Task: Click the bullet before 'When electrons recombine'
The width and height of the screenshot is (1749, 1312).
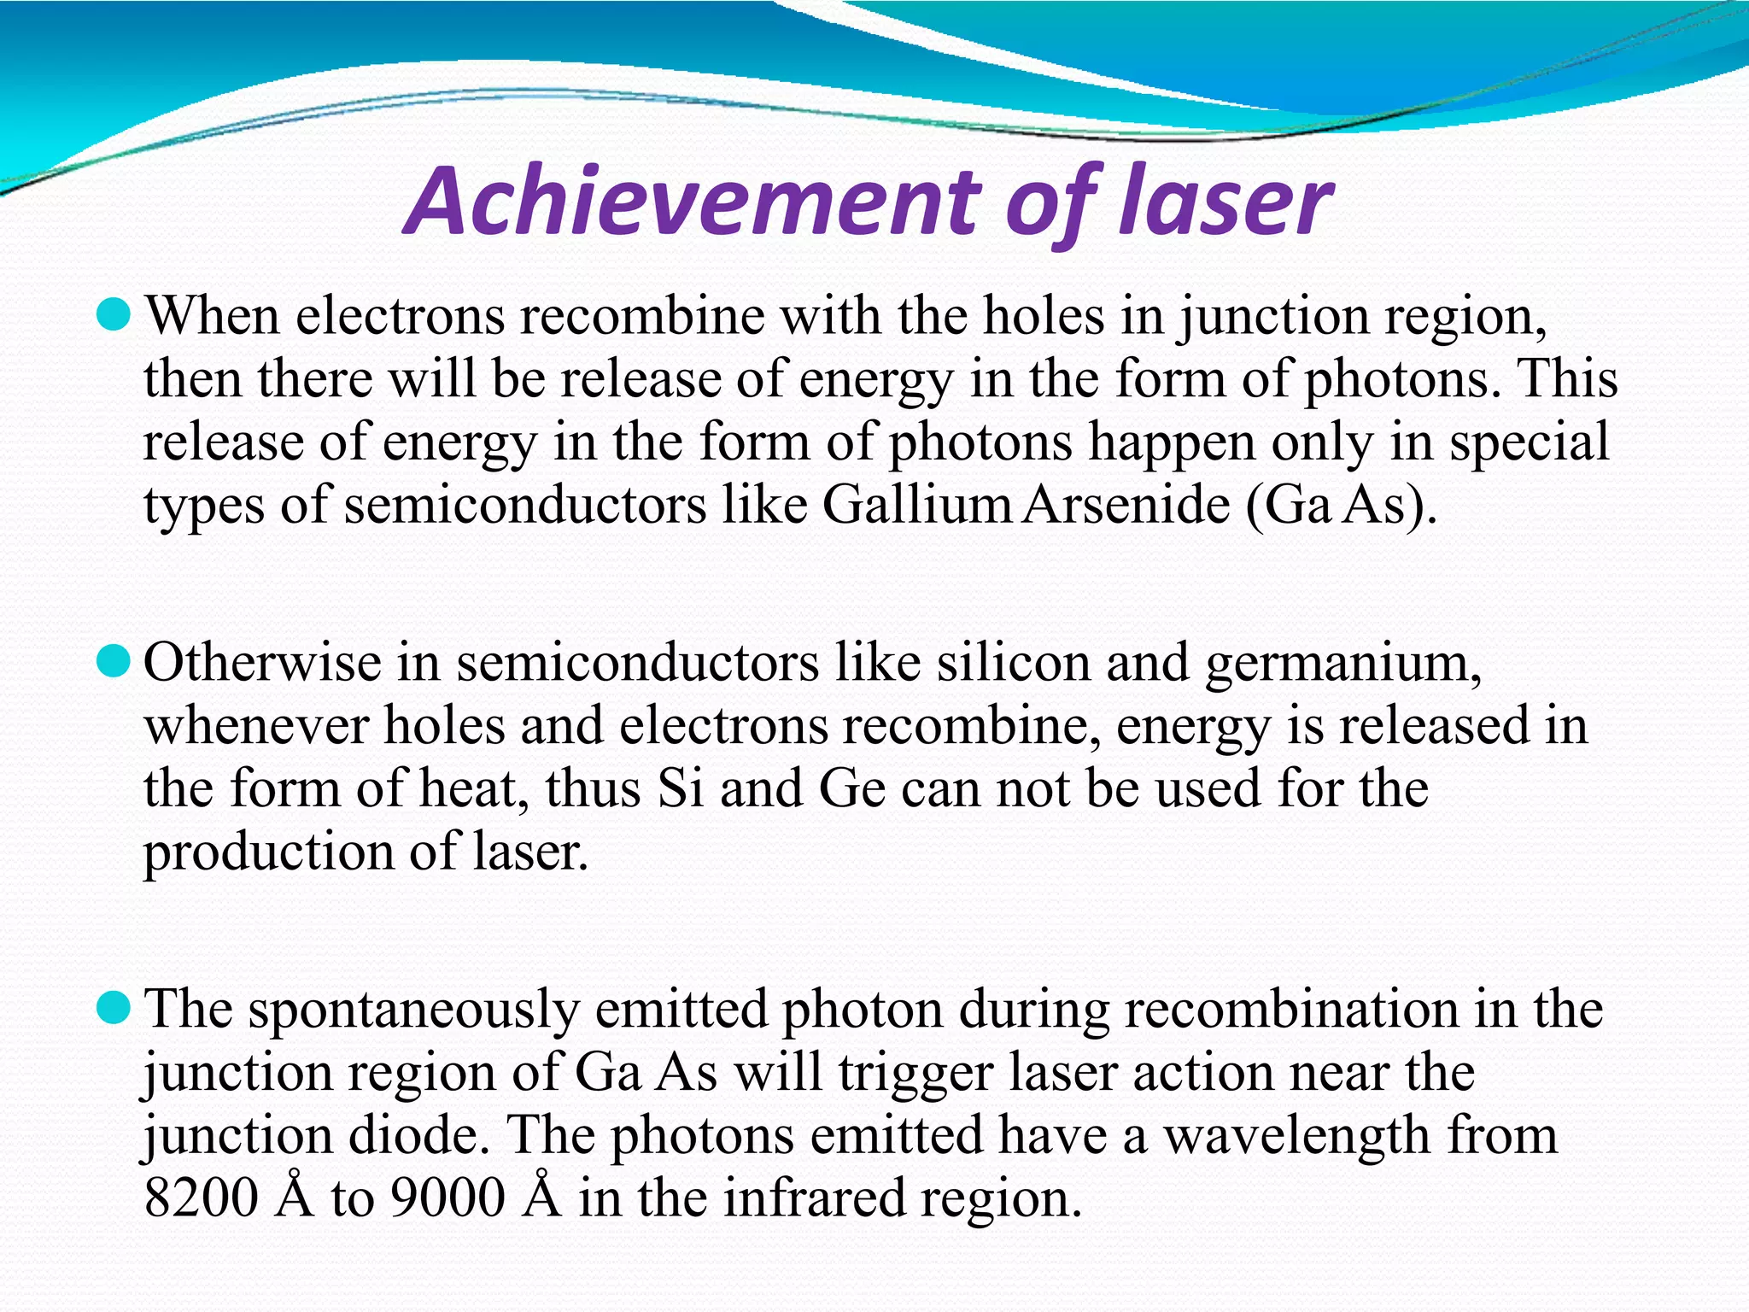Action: coord(113,316)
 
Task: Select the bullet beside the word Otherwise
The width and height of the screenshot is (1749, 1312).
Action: coord(113,661)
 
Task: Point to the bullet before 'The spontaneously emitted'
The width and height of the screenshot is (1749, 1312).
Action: coord(113,1008)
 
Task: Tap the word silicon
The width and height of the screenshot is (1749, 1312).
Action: coord(1013,663)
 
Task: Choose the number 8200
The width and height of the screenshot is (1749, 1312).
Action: coord(201,1198)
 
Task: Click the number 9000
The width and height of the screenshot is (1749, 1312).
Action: coord(447,1198)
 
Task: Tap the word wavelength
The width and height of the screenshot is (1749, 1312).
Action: coord(1298,1136)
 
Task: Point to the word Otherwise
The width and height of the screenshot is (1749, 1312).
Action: coord(262,663)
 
